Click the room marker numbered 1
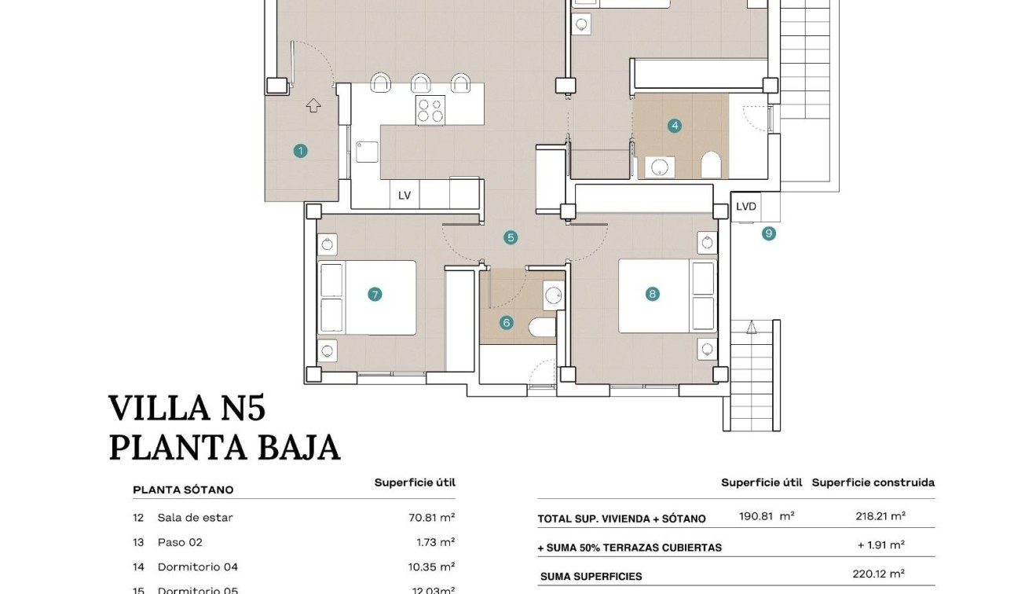click(300, 151)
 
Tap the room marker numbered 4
click(674, 126)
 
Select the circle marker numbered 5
click(511, 237)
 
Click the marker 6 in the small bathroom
click(506, 322)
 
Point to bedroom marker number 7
click(375, 295)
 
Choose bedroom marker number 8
click(652, 294)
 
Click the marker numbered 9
click(768, 233)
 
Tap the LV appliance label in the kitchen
click(405, 196)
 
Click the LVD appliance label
click(746, 207)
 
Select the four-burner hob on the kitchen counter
click(430, 111)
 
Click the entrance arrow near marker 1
click(313, 104)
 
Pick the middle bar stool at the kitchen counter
click(421, 82)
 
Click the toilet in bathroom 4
click(711, 165)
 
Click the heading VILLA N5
click(187, 409)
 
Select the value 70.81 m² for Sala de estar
click(426, 518)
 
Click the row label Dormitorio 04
click(197, 567)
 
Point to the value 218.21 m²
click(880, 516)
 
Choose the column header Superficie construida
click(873, 482)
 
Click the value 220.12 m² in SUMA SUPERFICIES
click(878, 574)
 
